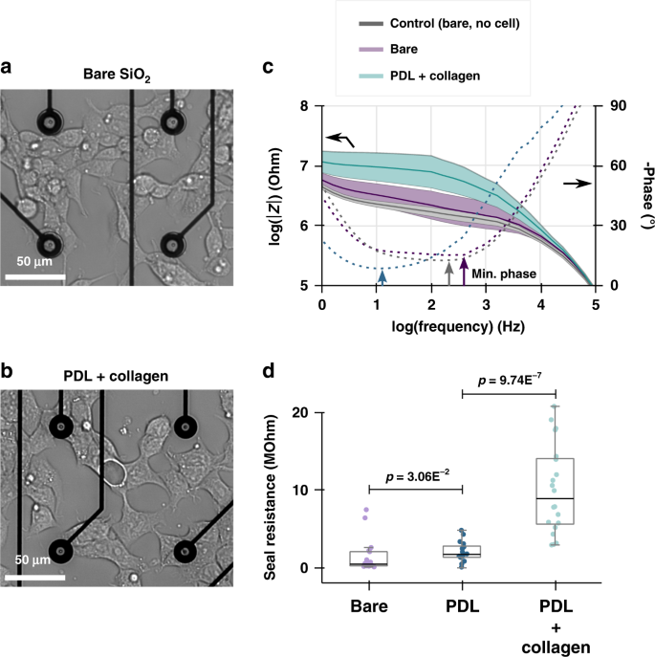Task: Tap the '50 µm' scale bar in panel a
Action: coord(35,276)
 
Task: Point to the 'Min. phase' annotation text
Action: coord(503,274)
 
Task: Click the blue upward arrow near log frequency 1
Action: coord(382,276)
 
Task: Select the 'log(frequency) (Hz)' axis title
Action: coord(458,326)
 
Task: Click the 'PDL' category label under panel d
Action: coord(463,604)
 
